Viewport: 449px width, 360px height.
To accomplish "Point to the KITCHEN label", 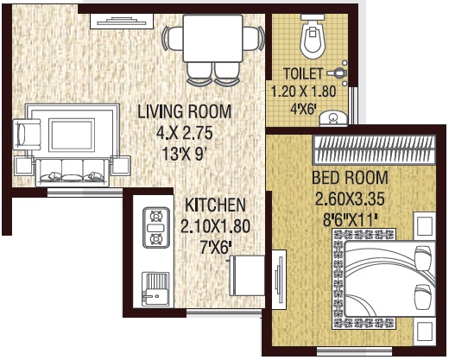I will pyautogui.click(x=216, y=205).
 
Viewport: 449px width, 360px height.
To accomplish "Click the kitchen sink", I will pyautogui.click(x=156, y=290).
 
